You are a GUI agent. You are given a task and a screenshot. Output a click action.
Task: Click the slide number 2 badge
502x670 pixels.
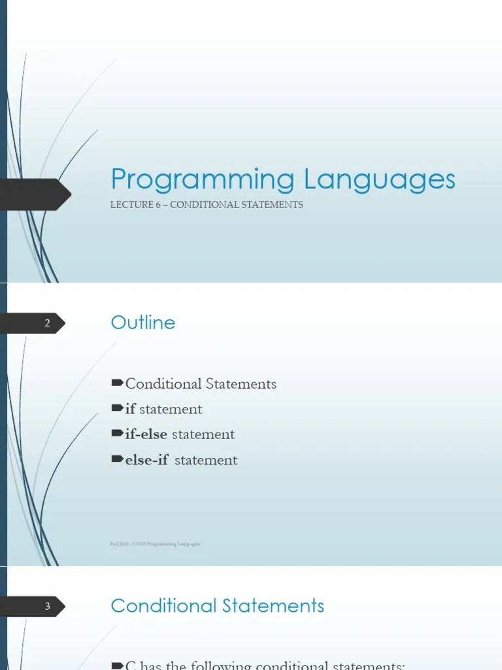[47, 323]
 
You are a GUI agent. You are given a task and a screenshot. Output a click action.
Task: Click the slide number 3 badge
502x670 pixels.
[47, 607]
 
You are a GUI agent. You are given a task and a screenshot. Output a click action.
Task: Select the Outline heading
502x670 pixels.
[143, 323]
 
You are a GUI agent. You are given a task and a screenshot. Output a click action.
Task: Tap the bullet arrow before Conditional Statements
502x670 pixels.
[118, 383]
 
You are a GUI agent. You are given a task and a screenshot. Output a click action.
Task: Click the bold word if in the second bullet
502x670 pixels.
[131, 409]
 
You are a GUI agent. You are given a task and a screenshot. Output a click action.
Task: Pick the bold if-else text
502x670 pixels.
[146, 434]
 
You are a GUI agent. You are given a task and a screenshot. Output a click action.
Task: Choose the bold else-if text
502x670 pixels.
[146, 460]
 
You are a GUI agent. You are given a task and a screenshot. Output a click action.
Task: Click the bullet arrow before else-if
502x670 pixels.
[118, 459]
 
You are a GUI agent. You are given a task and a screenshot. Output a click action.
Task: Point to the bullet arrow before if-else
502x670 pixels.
[118, 434]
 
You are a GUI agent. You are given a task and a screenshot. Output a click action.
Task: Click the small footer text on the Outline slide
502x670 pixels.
[156, 544]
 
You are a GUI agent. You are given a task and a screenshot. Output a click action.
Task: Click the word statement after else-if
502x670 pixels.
[206, 460]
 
